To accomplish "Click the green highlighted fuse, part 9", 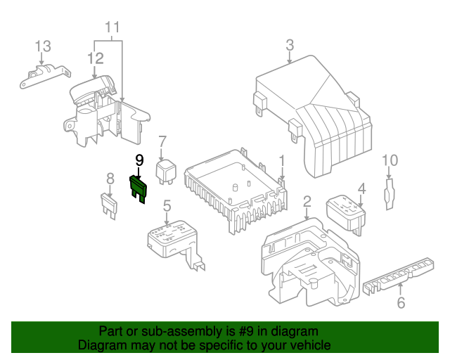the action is tap(139, 189).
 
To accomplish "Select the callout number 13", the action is tap(43, 46).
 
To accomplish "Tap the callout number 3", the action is tap(290, 45).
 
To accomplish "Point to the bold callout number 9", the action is tap(139, 160).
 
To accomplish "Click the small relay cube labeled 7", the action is tap(166, 172).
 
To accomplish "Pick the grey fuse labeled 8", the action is tap(109, 205).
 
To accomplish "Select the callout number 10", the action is tap(390, 160).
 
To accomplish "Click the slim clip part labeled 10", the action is tap(390, 194).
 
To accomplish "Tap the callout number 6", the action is tap(401, 302).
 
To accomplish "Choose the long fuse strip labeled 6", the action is tap(399, 276).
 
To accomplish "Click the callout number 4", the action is tap(362, 189).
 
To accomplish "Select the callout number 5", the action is tap(167, 205).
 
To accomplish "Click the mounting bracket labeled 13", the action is tap(45, 76).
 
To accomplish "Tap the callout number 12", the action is tap(96, 58).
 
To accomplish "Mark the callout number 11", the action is tap(112, 27).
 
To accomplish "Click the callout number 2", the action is tap(307, 202).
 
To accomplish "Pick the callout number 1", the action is tap(282, 161).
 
